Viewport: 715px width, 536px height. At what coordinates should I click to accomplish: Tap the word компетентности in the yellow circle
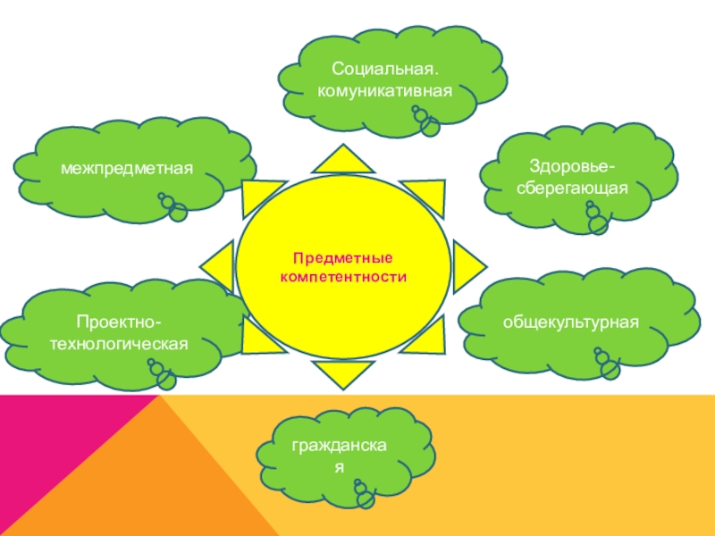(344, 277)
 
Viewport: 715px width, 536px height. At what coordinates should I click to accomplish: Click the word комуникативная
(386, 90)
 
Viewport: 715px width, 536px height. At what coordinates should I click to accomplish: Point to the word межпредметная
(128, 167)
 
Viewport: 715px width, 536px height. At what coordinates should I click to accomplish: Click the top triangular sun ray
(341, 158)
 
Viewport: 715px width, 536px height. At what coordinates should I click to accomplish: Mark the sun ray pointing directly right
(468, 265)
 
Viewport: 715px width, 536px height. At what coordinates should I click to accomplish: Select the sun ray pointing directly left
(216, 265)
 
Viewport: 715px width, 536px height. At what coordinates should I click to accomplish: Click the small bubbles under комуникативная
(426, 121)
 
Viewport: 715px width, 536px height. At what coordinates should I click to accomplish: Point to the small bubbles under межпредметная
(174, 207)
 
